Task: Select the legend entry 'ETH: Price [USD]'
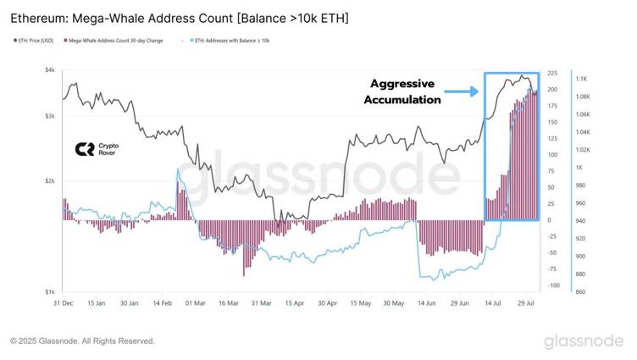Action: pos(31,40)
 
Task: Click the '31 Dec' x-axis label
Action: pos(64,302)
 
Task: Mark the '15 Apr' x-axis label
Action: pos(294,302)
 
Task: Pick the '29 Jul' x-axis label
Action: pos(526,302)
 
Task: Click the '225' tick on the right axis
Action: pos(553,74)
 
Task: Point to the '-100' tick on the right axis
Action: pos(552,285)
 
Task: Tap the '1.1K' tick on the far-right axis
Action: pos(584,79)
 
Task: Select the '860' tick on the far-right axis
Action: pos(584,292)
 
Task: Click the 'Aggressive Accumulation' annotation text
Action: pos(402,91)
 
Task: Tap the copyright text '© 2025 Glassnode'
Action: pos(82,341)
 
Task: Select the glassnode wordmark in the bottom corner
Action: pos(585,341)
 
